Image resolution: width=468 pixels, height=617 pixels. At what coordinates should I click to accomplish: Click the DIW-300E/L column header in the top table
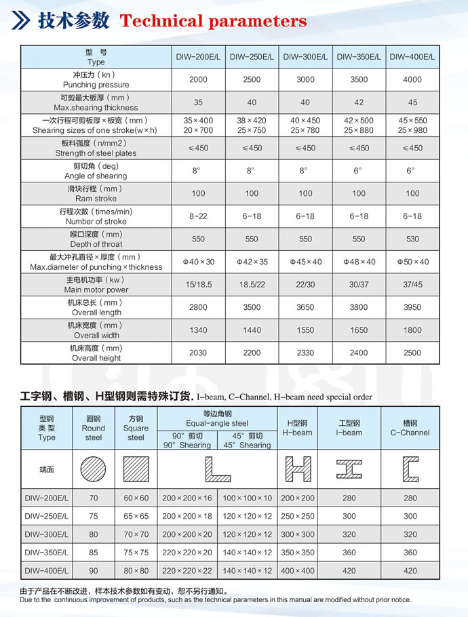pyautogui.click(x=305, y=57)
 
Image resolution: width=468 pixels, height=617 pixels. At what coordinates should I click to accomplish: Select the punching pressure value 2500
pyautogui.click(x=252, y=80)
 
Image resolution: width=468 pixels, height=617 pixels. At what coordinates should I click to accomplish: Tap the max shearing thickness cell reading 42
pyautogui.click(x=359, y=102)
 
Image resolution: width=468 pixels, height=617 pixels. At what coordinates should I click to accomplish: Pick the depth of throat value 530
pyautogui.click(x=412, y=239)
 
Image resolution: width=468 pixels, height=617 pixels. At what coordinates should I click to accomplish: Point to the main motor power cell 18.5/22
pyautogui.click(x=252, y=285)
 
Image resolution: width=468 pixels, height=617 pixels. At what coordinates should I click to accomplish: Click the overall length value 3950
pyautogui.click(x=412, y=308)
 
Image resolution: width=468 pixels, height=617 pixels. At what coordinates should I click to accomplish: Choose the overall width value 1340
pyautogui.click(x=198, y=330)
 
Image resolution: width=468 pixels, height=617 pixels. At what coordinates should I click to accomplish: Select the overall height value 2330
pyautogui.click(x=305, y=353)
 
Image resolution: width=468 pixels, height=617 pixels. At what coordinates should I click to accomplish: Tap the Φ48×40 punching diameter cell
pyautogui.click(x=359, y=262)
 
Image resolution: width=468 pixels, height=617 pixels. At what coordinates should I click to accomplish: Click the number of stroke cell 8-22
pyautogui.click(x=198, y=216)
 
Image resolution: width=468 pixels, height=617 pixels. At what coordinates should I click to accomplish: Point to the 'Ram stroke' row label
pyautogui.click(x=96, y=194)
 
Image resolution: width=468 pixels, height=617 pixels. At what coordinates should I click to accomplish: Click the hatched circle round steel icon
pyautogui.click(x=93, y=469)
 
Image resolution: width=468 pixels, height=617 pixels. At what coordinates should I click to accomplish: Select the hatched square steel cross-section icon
pyautogui.click(x=136, y=469)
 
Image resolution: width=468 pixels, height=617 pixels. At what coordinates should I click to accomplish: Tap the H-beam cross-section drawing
pyautogui.click(x=298, y=469)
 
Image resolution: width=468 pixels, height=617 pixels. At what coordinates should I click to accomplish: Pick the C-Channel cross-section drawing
pyautogui.click(x=410, y=469)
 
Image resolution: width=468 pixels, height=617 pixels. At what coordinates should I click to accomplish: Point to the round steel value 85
pyautogui.click(x=93, y=553)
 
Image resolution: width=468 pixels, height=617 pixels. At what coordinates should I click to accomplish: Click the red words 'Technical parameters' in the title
pyautogui.click(x=213, y=21)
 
